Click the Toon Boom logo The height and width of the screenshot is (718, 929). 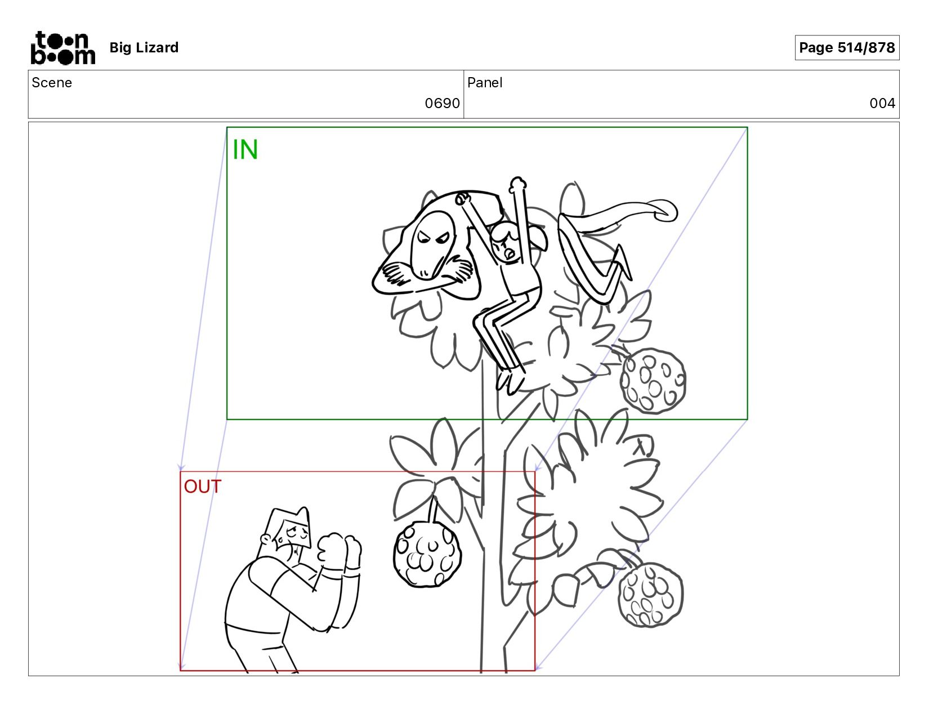coord(63,48)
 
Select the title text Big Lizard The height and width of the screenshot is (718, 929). coord(144,47)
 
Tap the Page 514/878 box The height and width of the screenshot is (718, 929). coord(847,47)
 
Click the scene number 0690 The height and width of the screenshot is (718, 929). coord(442,103)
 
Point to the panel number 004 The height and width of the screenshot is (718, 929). coord(882,103)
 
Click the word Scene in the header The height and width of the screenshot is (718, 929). coord(52,83)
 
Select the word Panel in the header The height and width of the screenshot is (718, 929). coord(484,83)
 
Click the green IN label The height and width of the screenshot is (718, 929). coord(245,150)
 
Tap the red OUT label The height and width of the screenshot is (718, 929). coord(203,487)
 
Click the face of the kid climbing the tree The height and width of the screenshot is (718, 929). coord(504,244)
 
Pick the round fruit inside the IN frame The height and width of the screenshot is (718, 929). coord(653,381)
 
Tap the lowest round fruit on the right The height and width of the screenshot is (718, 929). coord(650,595)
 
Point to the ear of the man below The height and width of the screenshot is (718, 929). coord(266,539)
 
